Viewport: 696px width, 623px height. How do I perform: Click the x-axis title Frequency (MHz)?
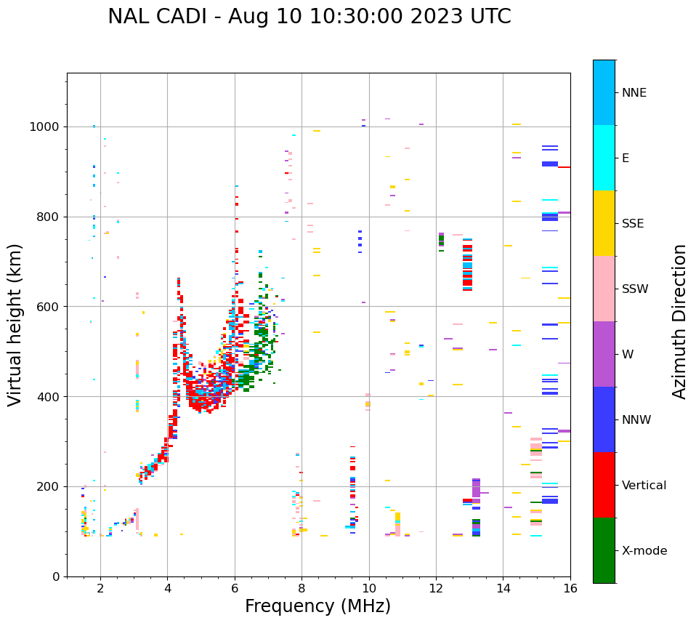[317, 606]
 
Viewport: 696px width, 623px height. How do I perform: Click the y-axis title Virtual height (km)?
[15, 324]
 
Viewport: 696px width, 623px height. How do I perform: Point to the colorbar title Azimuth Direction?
[679, 321]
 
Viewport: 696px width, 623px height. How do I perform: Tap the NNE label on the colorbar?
[634, 93]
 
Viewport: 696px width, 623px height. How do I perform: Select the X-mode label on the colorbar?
[644, 551]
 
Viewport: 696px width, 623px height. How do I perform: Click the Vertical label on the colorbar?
[644, 486]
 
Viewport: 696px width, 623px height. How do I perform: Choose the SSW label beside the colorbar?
[635, 289]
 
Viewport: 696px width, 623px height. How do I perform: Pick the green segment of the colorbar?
[604, 550]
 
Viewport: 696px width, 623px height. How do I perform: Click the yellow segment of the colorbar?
[604, 223]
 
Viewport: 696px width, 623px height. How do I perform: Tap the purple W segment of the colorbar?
[604, 354]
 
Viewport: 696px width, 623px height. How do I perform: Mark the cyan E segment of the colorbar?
[604, 158]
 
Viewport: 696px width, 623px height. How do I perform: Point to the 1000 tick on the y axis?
[46, 127]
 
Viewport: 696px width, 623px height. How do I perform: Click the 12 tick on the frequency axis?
[436, 588]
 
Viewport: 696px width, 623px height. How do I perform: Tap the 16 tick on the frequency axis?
[570, 588]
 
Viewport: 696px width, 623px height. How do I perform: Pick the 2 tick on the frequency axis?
[100, 588]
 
